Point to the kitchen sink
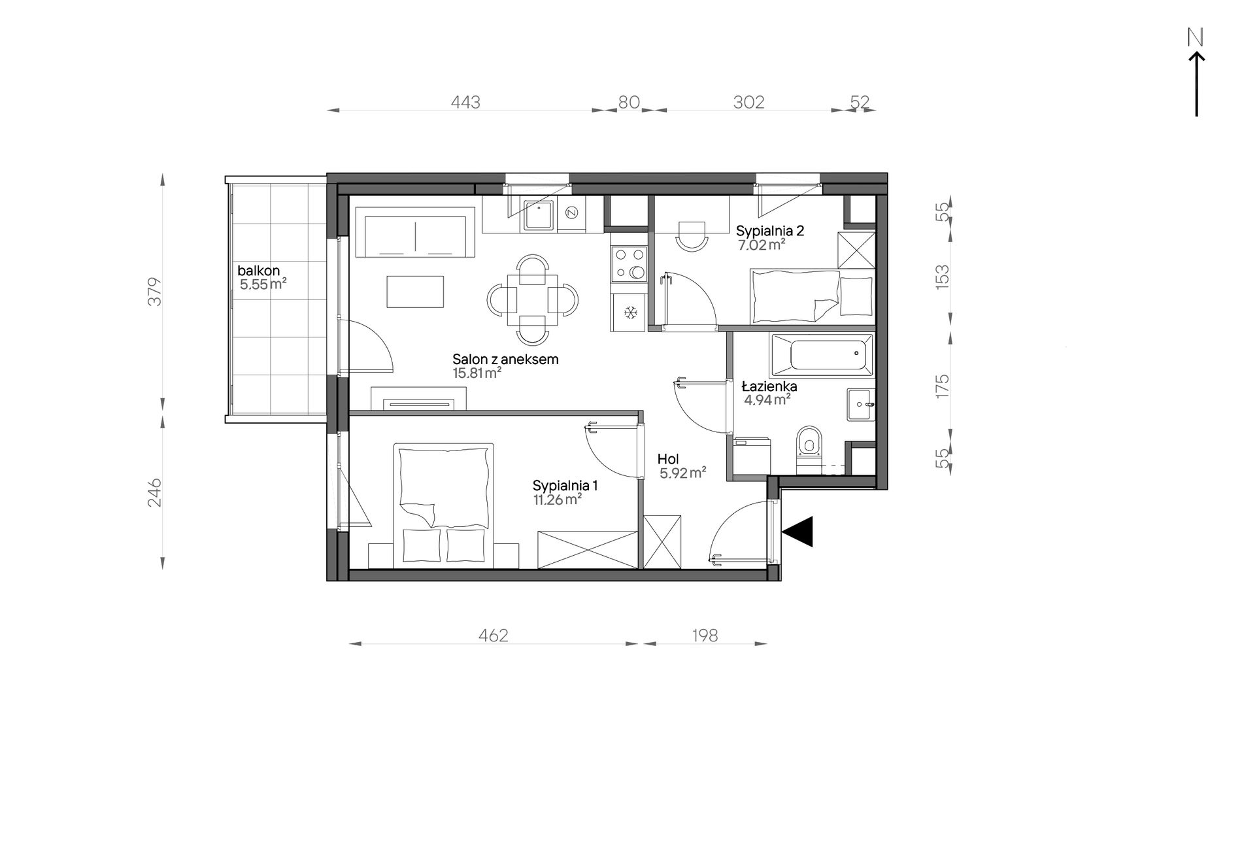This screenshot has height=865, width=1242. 538,216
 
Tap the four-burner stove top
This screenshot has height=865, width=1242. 629,264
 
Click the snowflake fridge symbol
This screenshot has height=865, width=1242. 630,313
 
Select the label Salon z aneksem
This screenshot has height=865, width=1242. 505,359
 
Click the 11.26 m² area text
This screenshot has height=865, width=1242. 558,500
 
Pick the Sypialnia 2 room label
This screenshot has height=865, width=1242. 770,230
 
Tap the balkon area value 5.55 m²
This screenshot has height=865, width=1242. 263,284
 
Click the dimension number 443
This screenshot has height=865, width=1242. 465,103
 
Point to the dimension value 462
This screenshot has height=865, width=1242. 493,636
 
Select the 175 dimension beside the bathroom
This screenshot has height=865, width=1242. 942,386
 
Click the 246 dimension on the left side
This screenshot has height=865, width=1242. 154,492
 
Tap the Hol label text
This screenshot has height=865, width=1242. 669,460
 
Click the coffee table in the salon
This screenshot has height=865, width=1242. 415,291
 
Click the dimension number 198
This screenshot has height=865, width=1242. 704,636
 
